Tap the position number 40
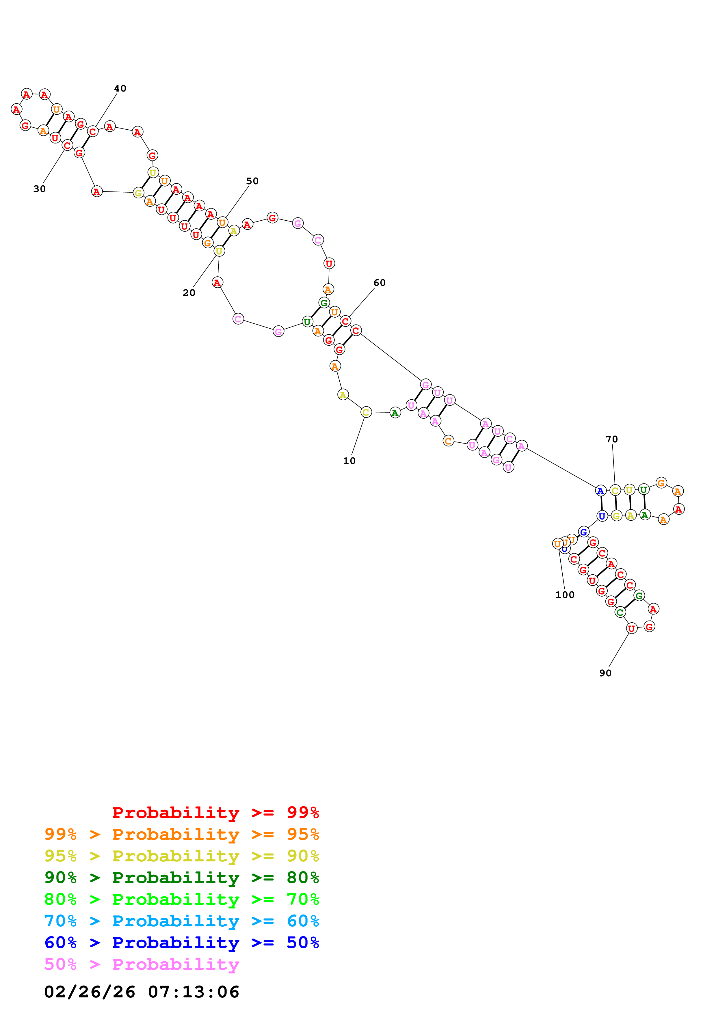(x=120, y=88)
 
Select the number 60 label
(x=380, y=282)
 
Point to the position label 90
(x=605, y=673)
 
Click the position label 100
(x=565, y=595)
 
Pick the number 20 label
(x=189, y=293)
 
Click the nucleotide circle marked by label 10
(x=366, y=412)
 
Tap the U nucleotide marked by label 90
(x=632, y=628)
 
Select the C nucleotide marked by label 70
(x=615, y=490)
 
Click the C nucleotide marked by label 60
(x=345, y=321)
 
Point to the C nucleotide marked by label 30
(x=67, y=145)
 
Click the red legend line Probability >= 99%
(x=215, y=812)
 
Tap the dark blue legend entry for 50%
(x=181, y=943)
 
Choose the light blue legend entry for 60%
(x=181, y=921)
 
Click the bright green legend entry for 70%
(x=181, y=899)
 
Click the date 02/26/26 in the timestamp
(x=90, y=992)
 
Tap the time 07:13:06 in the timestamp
(x=193, y=992)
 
